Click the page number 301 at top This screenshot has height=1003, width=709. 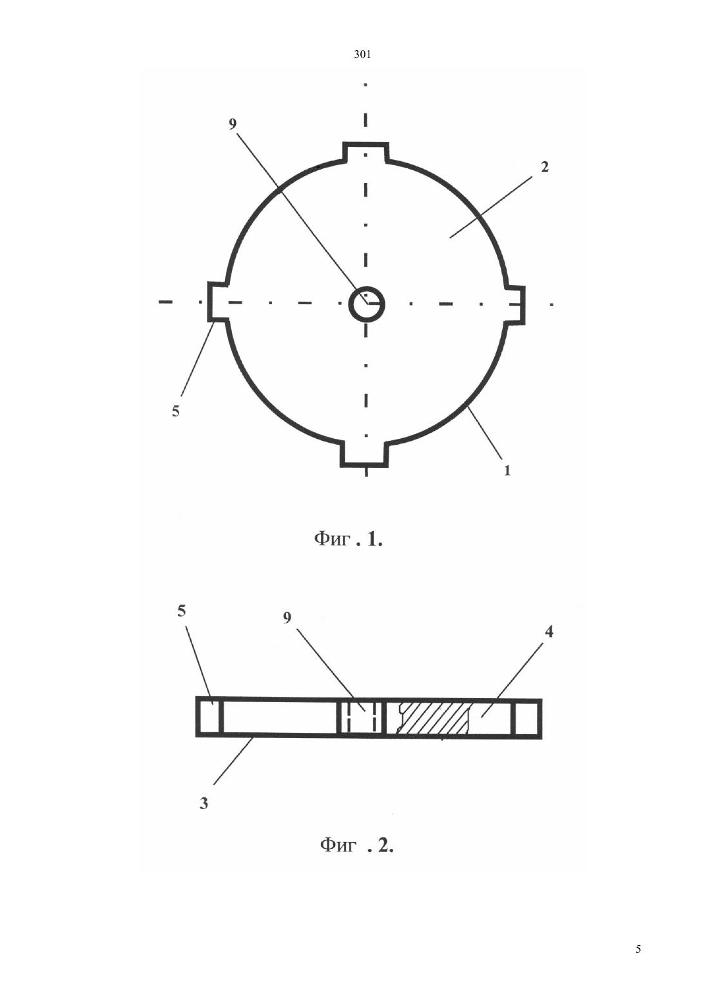tap(362, 55)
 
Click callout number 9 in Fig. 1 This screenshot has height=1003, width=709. tap(232, 124)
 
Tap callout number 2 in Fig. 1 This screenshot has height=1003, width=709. tap(544, 167)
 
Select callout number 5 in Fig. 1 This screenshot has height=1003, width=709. tap(175, 411)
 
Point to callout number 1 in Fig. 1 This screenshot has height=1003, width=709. tap(507, 471)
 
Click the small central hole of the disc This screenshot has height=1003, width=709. tap(367, 304)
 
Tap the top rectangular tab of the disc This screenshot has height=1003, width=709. tap(365, 152)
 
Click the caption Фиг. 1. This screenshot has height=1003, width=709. tap(348, 540)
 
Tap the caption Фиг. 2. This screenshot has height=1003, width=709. tap(356, 846)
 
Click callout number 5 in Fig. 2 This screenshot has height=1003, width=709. tap(181, 610)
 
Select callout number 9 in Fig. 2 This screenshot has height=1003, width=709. tap(287, 618)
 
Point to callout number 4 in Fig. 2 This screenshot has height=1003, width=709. tap(549, 632)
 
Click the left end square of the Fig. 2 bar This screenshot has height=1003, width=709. tap(209, 716)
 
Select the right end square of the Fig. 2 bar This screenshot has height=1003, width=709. tap(527, 718)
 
